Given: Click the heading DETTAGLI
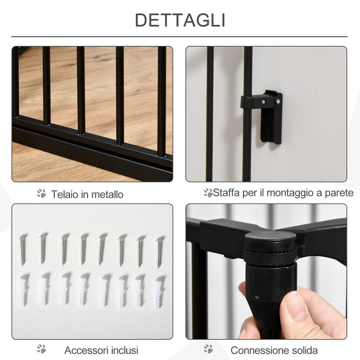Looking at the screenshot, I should pyautogui.click(x=180, y=20).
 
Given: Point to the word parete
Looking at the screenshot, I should pyautogui.click(x=340, y=193).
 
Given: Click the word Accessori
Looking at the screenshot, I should pyautogui.click(x=85, y=350).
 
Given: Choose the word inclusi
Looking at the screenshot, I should pyautogui.click(x=122, y=350).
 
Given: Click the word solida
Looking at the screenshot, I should pyautogui.click(x=303, y=350).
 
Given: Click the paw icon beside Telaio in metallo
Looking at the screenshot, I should pyautogui.click(x=41, y=193).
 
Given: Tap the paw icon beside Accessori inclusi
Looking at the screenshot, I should pyautogui.click(x=41, y=349).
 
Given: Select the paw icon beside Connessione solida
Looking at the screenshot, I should pyautogui.click(x=208, y=349).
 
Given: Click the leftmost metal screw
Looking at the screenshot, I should pyautogui.click(x=22, y=250).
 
